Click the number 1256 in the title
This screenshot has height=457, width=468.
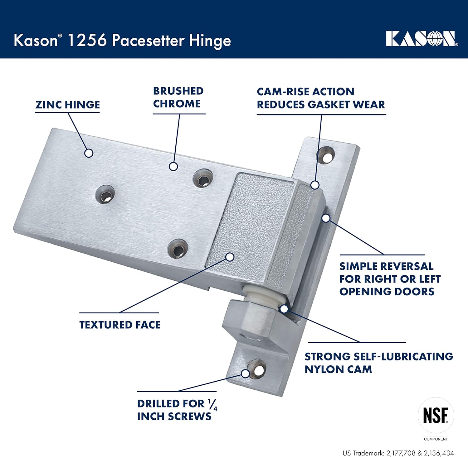[x=87, y=40]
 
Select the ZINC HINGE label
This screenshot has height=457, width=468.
[x=67, y=105]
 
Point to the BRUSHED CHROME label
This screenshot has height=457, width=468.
[x=178, y=97]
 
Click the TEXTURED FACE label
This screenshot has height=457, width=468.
[x=120, y=325]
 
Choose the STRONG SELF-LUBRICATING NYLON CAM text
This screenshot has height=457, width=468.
[x=378, y=363]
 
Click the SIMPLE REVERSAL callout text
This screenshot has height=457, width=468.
[x=390, y=279]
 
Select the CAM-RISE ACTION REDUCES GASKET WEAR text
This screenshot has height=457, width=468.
[x=321, y=98]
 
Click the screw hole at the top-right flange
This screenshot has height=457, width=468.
[x=326, y=155]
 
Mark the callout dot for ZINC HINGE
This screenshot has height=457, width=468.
[x=89, y=153]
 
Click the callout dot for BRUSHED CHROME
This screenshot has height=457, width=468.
[x=173, y=166]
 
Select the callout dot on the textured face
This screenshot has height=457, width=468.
[x=230, y=257]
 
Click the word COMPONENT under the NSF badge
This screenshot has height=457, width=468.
[x=436, y=439]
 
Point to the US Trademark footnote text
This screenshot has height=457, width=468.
[x=398, y=453]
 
